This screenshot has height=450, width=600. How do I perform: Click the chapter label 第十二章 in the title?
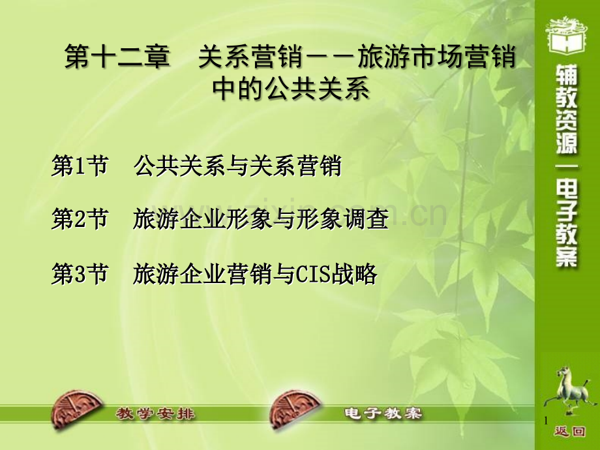pos(117,56)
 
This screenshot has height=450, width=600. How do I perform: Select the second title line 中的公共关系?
pos(291,89)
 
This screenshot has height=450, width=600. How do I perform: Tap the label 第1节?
pos(80,166)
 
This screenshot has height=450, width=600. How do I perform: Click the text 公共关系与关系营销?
pos(237,166)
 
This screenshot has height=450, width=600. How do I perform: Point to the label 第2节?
pos(80,219)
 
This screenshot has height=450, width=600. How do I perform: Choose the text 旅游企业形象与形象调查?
pos(261,219)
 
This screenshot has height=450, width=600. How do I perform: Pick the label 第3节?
pos(80,274)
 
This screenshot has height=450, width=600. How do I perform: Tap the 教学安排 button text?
pos(156,413)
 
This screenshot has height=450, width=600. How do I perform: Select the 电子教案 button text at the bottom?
pos(383,413)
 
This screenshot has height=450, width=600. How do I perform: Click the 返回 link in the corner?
pos(570,432)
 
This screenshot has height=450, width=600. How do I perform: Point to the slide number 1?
pos(546,421)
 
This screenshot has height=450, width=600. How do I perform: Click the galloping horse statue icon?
pos(570,390)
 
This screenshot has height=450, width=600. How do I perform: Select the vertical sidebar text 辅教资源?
pos(567,110)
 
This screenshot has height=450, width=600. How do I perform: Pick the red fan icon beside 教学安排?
pos(76,410)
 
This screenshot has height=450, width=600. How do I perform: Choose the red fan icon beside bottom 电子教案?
pos(295,410)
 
